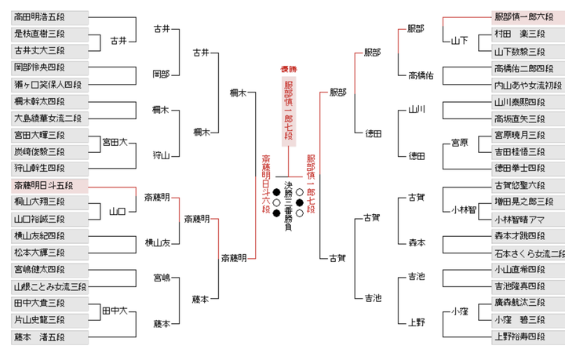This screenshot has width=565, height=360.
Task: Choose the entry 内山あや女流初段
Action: click(x=517, y=85)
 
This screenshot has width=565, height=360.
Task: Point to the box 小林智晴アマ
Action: click(x=517, y=219)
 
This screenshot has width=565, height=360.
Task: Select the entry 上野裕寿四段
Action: click(x=517, y=337)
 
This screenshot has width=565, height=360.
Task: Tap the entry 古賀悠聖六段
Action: click(x=517, y=185)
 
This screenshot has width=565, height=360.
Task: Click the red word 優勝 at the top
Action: click(x=288, y=70)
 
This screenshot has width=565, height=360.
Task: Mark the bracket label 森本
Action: click(x=417, y=244)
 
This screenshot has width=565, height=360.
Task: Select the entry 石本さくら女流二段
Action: click(x=517, y=253)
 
